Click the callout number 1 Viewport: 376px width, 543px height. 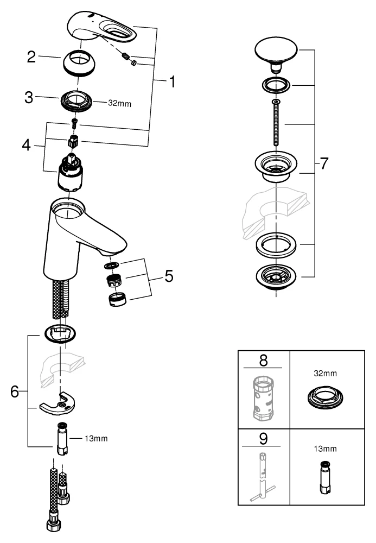(x=171, y=83)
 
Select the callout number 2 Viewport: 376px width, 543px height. (x=32, y=56)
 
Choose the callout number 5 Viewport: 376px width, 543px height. (x=169, y=276)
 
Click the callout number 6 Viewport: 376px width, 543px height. (x=15, y=390)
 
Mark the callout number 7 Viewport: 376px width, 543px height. (x=324, y=163)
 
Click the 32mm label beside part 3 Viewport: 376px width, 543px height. (x=120, y=102)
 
